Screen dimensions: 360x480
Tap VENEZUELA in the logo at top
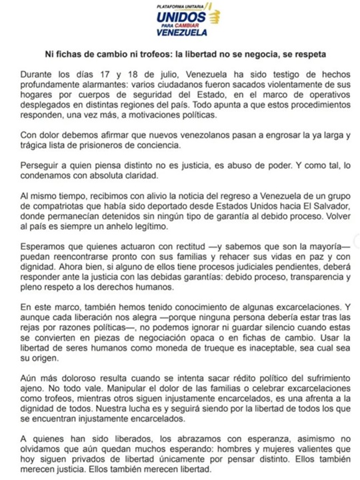tap(181, 31)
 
